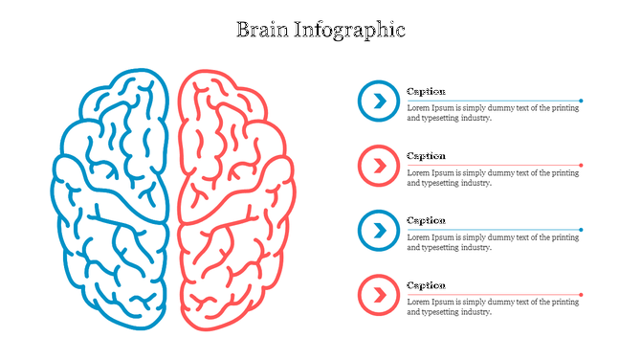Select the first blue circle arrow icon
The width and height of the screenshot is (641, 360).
(379, 101)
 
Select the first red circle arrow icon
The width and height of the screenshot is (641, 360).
(379, 166)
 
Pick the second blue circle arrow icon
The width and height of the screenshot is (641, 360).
(379, 230)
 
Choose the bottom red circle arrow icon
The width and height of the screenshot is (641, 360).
(379, 295)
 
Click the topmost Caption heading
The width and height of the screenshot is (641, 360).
(426, 91)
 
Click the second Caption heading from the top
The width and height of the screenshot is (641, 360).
(426, 155)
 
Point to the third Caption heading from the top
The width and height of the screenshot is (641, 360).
(426, 220)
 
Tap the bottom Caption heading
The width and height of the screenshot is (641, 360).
(426, 284)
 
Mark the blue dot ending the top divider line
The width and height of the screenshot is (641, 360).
(581, 101)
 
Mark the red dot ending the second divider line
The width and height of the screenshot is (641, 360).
(581, 165)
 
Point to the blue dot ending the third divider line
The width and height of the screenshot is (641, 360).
(581, 230)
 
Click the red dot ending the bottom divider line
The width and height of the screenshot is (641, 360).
(581, 295)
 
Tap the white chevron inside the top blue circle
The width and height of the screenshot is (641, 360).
(380, 101)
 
